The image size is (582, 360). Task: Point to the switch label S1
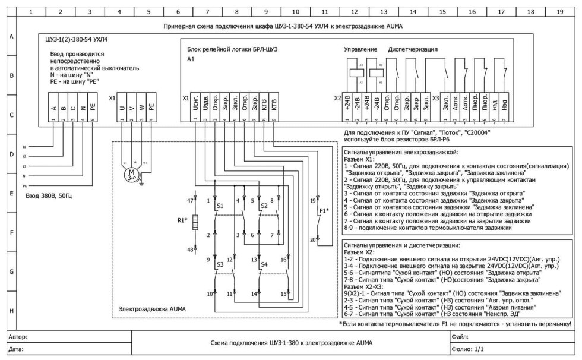(220, 206)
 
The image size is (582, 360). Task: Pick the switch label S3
(220, 263)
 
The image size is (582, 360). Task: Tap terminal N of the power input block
(83, 108)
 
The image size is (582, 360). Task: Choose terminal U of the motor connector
(121, 108)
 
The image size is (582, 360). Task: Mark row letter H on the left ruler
(10, 310)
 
